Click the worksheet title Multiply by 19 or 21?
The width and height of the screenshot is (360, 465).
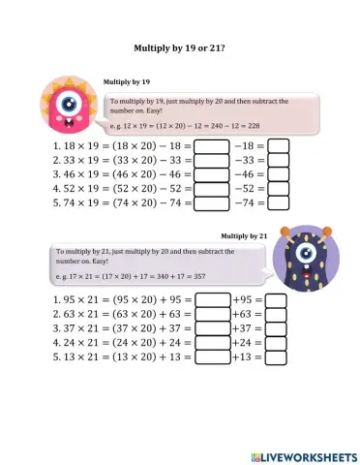point(179,46)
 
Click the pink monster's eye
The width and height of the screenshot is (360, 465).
point(67,102)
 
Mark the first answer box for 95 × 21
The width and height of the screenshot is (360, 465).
point(212,300)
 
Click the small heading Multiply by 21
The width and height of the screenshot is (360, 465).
point(243,235)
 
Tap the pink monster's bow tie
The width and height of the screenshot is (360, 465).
point(68,122)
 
